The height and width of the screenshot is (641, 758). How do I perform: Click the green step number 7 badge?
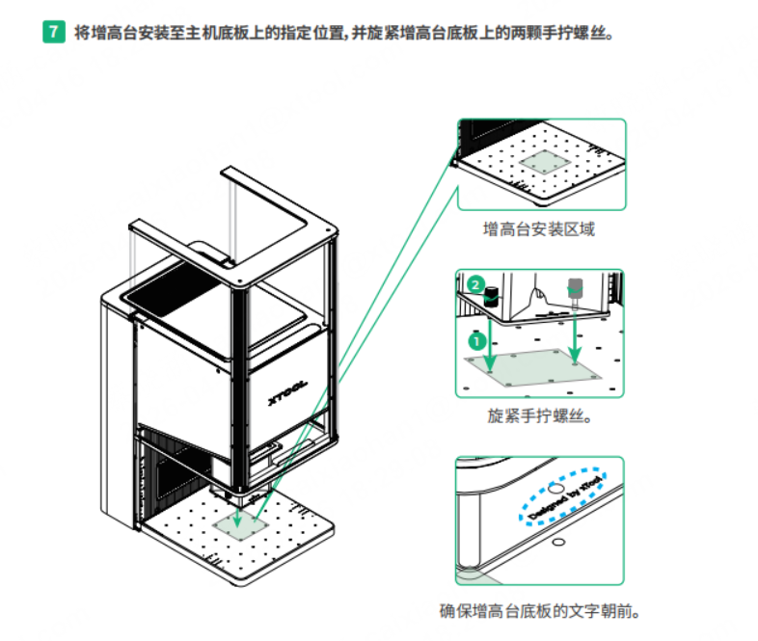coord(54,32)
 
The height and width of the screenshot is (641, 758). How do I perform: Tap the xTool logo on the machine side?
coord(287,392)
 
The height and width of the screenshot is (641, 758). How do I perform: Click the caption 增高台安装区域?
coord(538,229)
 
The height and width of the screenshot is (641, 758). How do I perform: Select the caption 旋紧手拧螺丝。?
coord(539,415)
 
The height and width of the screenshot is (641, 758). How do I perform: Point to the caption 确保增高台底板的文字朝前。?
coord(539,610)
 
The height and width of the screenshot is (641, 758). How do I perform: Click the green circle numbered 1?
coord(477,341)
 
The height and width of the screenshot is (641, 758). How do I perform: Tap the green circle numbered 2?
coord(475,284)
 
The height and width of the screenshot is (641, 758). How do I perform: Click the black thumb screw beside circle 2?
coord(492,296)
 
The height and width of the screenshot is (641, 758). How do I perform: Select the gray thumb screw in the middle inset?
coord(575,292)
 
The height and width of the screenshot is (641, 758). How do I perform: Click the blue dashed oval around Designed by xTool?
coord(562,494)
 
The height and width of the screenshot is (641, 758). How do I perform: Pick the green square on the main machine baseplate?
coord(241,525)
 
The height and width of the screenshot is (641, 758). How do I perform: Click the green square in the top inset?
coord(545,161)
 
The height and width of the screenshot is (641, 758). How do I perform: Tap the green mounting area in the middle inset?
coord(532,368)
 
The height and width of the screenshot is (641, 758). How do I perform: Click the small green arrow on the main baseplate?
coord(237,518)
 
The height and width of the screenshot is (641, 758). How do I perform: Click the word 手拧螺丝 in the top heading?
coord(574,33)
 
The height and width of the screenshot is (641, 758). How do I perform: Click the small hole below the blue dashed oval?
coord(558,542)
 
